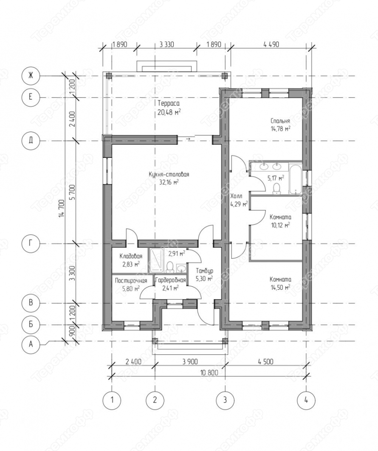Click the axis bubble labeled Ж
coord(31,76)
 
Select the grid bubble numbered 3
coord(225,400)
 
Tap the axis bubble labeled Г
coord(31,244)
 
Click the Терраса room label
coord(169,103)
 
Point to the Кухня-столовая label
coord(169,174)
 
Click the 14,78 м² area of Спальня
coord(280,128)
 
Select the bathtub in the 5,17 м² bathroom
coord(295,179)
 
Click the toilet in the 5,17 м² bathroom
coord(276,189)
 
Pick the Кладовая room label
coord(130,256)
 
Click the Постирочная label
coord(131,281)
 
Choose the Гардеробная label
coord(170,280)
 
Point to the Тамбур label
coord(205,271)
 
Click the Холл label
coord(236,196)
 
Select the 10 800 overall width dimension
coord(209,373)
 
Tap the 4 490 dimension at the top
coord(271,44)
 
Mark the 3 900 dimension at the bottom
coord(190,362)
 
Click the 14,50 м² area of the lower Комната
coord(280,287)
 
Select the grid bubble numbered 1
coord(112,400)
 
